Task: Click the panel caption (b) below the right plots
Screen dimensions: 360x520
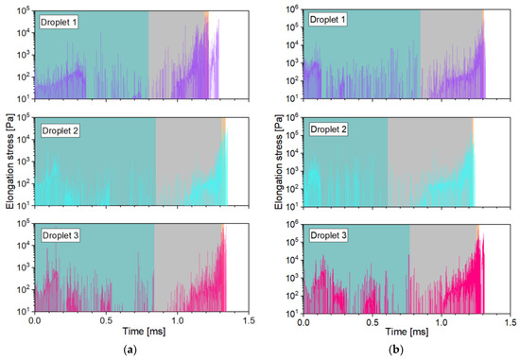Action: (408, 350)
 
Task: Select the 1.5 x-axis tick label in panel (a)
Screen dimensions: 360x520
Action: (248, 321)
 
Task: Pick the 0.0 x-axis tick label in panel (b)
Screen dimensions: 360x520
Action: (303, 321)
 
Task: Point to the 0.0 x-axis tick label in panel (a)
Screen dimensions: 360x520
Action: (35, 321)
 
